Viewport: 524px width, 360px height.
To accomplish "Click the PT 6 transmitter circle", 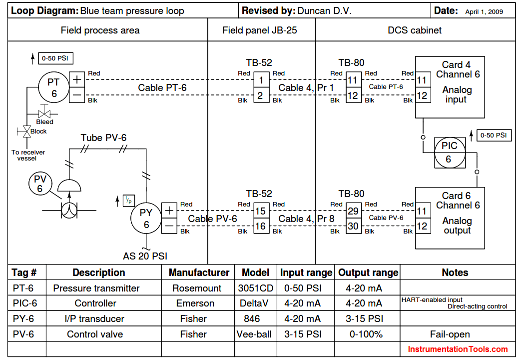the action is (x=54, y=87).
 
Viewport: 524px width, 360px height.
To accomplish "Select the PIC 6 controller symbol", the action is (x=450, y=152).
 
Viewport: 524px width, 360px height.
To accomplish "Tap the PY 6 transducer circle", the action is (x=146, y=218).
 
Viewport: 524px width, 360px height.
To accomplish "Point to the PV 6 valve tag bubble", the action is (x=40, y=183).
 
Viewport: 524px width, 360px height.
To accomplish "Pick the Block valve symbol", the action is (x=26, y=131).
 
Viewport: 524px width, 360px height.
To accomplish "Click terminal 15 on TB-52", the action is (x=261, y=211).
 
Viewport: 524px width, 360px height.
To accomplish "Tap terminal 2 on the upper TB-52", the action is (x=261, y=95).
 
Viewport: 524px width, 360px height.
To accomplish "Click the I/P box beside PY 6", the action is (x=129, y=200).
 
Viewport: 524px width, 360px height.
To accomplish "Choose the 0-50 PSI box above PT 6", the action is (x=55, y=58).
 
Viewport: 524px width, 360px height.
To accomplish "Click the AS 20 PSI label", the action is (x=145, y=256).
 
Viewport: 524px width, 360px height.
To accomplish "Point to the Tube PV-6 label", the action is (x=103, y=137).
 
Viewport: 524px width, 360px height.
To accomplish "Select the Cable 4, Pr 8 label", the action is (x=306, y=218).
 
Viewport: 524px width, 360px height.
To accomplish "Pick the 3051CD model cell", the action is (x=256, y=288).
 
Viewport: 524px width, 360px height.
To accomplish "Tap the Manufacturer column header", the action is (x=198, y=272).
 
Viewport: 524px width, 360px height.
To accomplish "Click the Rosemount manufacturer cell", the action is (x=197, y=288).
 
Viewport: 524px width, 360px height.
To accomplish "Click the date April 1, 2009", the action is (x=484, y=11).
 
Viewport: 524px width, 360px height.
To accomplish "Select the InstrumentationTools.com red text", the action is (x=458, y=349).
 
